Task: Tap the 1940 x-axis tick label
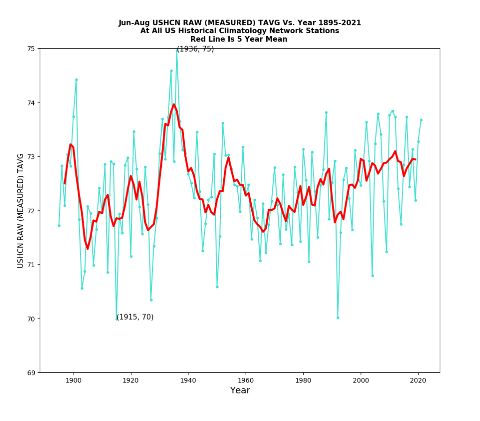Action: [x=188, y=380]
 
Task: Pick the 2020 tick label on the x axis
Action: [x=418, y=380]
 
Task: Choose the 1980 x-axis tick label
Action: [x=303, y=380]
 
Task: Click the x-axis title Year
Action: [x=240, y=391]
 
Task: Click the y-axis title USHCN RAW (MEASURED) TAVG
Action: [x=21, y=210]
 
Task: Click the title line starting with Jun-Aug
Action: [x=240, y=23]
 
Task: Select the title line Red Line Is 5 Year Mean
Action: [x=240, y=39]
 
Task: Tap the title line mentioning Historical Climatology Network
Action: [x=240, y=31]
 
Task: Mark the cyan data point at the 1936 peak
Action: [x=177, y=50]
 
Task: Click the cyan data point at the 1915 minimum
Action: [x=117, y=319]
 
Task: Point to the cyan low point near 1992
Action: [x=337, y=317]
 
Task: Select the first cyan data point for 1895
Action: [x=59, y=226]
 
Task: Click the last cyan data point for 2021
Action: [x=421, y=120]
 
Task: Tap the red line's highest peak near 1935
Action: [x=174, y=105]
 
